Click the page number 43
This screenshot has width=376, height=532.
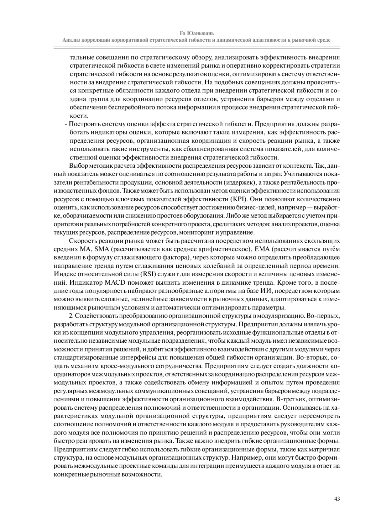coord(337,498)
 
